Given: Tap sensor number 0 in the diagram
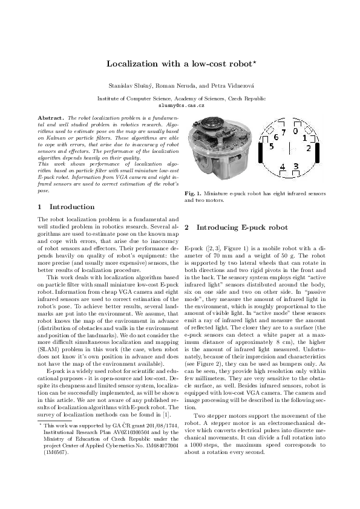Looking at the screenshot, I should tap(295, 130).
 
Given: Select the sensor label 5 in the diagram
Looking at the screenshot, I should tap(271, 147).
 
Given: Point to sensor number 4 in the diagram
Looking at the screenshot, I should tap(283, 166).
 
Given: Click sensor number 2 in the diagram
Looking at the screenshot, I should tap(309, 148).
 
